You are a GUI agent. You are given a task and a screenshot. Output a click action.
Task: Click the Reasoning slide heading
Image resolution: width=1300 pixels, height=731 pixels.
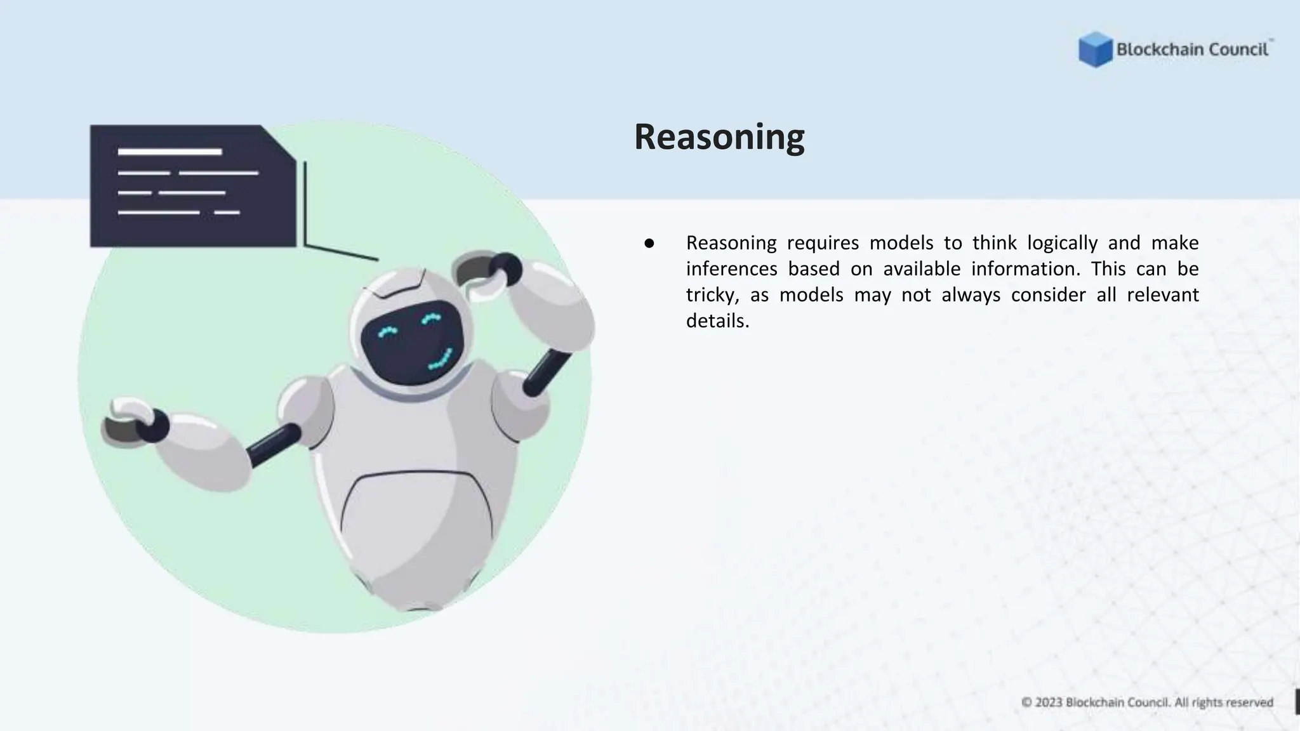tap(719, 137)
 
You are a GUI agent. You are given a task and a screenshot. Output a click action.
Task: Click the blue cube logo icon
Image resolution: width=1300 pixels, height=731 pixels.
tap(1095, 49)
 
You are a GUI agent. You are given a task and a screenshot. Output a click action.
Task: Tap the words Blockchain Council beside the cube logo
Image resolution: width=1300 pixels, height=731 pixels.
tap(1192, 49)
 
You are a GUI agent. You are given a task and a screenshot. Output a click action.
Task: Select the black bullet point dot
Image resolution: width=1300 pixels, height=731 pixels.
tap(649, 243)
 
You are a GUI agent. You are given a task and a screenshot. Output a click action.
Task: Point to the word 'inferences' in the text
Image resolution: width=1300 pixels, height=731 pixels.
tap(731, 269)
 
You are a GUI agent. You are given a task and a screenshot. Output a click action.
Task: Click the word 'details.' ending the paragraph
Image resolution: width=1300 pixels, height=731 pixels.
tap(717, 321)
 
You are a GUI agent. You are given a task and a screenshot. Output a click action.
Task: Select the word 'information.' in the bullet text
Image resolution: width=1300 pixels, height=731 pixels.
tap(1025, 269)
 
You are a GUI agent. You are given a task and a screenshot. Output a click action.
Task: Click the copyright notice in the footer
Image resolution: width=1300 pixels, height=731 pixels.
tap(1147, 702)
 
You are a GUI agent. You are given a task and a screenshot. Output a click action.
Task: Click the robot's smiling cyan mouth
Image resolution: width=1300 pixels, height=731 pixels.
tap(441, 360)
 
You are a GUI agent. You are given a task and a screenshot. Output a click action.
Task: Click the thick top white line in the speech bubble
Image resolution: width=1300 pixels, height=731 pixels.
tap(169, 152)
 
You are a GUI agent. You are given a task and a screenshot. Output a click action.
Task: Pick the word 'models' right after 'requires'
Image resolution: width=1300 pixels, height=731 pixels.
tap(901, 243)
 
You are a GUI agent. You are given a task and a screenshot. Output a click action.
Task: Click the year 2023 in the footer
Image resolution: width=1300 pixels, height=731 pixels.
tap(1048, 702)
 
